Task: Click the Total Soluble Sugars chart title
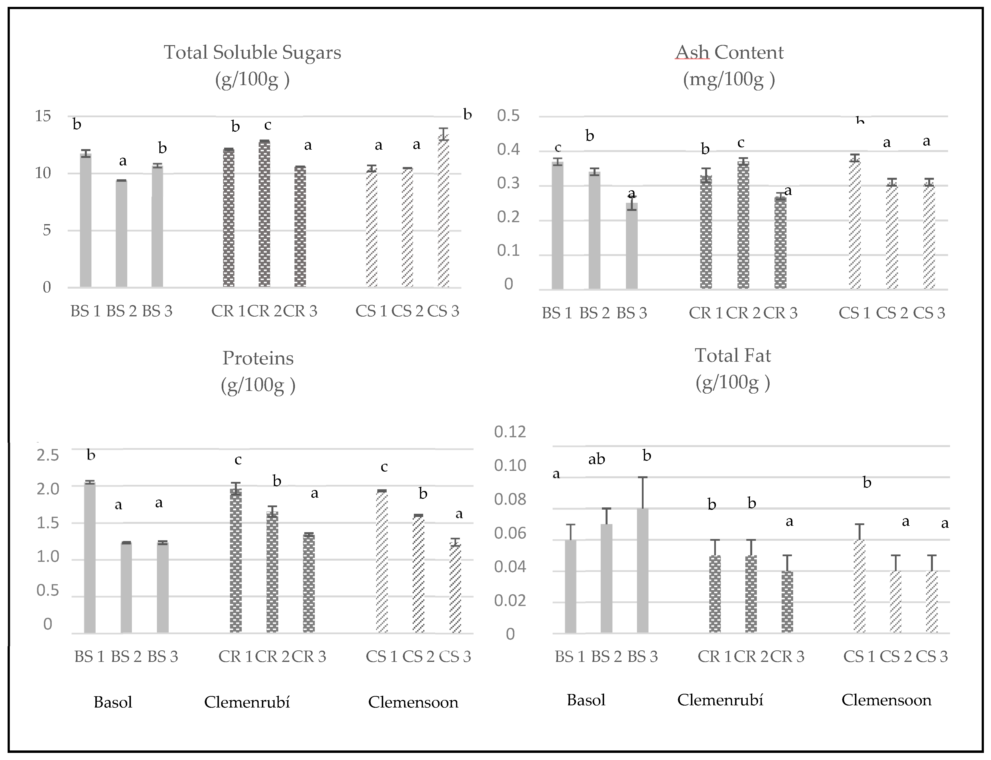tap(252, 52)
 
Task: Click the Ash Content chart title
tap(729, 52)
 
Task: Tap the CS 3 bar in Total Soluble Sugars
tap(443, 213)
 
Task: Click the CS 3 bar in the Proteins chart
tap(455, 588)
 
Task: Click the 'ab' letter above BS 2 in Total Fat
tap(596, 460)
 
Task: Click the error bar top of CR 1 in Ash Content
tap(706, 169)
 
